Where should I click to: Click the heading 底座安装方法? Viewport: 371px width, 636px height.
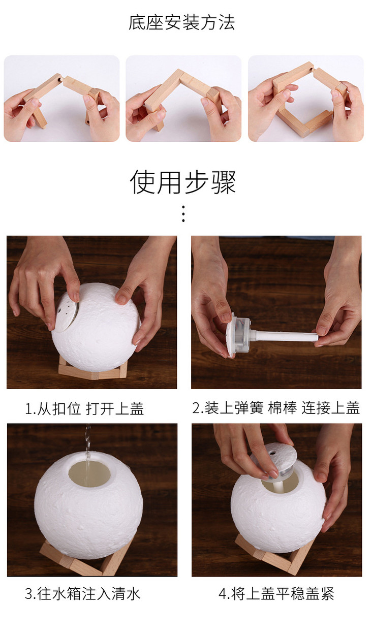pos(182,22)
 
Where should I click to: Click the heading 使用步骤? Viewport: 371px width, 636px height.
pos(183,182)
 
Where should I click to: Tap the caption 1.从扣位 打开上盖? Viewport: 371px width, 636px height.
pos(84,408)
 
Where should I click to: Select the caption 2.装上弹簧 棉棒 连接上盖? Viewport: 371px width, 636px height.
pos(276,408)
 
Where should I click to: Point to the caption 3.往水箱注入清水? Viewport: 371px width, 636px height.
pos(83,593)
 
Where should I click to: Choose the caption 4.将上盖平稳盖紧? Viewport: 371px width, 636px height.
pos(276,593)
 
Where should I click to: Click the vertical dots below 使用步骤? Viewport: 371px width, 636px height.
pos(183,213)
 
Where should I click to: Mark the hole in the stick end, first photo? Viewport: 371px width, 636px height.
pos(59,80)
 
